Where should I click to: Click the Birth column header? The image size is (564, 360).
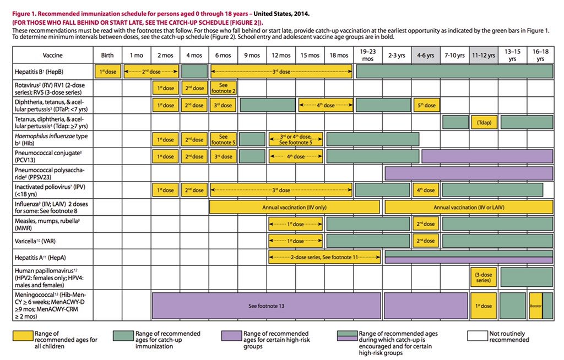pyautogui.click(x=107, y=55)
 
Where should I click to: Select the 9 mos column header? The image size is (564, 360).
pyautogui.click(x=252, y=55)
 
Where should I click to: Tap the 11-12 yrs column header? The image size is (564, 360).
pyautogui.click(x=484, y=55)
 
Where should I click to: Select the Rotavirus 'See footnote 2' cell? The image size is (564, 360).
pyautogui.click(x=223, y=88)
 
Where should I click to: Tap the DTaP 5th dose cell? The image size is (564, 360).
pyautogui.click(x=426, y=105)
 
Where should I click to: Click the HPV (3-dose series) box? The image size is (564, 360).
pyautogui.click(x=484, y=276)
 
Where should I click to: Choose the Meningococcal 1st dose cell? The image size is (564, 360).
pyautogui.click(x=484, y=306)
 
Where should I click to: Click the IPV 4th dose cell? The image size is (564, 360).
pyautogui.click(x=426, y=190)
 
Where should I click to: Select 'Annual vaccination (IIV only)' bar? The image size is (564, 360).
pyautogui.click(x=295, y=207)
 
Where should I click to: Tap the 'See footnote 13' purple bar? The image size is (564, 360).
pyautogui.click(x=266, y=306)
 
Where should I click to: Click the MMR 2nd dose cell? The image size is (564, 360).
pyautogui.click(x=426, y=224)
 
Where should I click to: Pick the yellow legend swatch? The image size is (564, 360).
pyautogui.click(x=22, y=334)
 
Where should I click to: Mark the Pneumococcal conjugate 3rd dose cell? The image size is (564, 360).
pyautogui.click(x=223, y=156)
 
